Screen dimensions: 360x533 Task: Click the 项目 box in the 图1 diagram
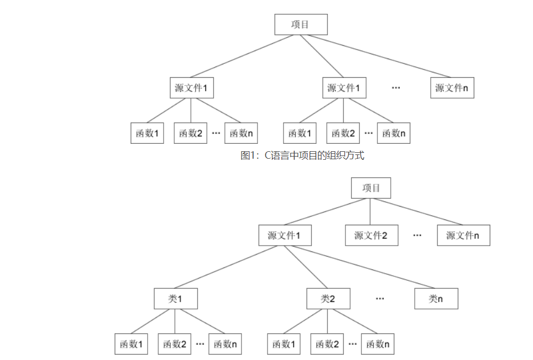[301, 24]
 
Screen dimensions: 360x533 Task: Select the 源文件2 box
[371, 235]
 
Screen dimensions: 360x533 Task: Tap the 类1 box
[175, 299]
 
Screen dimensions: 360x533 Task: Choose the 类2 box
[328, 299]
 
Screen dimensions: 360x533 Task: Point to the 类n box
[436, 299]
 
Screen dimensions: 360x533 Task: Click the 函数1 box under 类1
[131, 344]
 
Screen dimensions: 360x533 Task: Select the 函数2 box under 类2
[327, 344]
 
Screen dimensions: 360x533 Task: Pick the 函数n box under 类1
[225, 344]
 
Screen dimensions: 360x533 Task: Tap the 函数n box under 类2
[377, 344]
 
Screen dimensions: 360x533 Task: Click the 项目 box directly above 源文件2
[371, 188]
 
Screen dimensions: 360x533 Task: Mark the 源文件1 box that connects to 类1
[285, 235]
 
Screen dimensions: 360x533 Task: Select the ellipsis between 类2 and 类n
[379, 299]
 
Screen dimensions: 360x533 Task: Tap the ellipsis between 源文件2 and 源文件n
[417, 235]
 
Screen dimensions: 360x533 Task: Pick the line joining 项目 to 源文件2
[371, 211]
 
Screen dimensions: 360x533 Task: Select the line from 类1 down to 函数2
[175, 321]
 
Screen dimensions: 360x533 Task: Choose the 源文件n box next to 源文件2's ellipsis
[463, 235]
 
